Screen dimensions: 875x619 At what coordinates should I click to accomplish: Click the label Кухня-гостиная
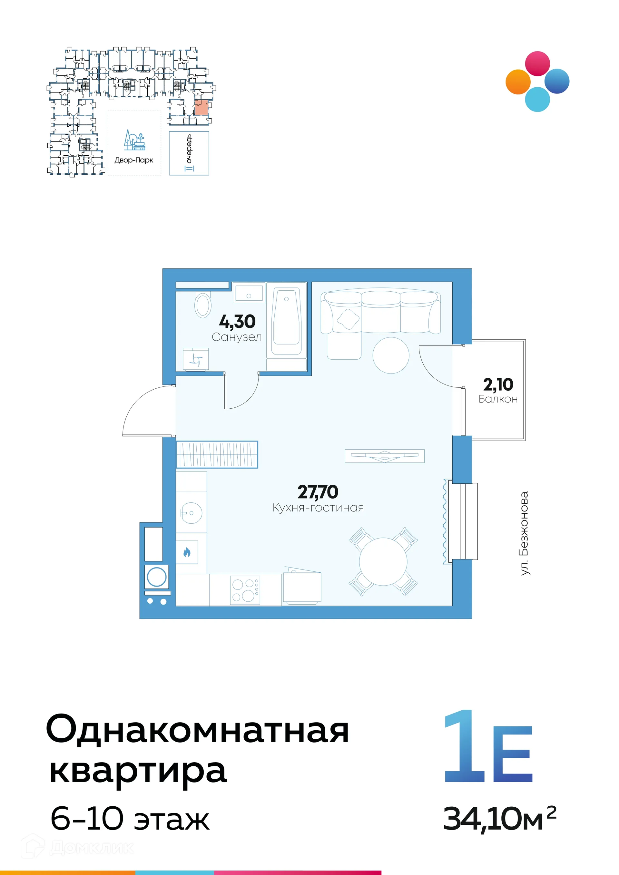(x=318, y=508)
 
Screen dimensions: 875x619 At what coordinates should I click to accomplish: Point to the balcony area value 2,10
(x=498, y=384)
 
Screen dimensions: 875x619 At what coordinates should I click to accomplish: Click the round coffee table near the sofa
(x=391, y=355)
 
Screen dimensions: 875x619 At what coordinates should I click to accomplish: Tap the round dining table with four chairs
(x=383, y=561)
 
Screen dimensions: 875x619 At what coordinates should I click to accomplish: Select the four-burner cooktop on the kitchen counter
(x=245, y=590)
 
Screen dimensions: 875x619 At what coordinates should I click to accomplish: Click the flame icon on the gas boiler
(x=187, y=552)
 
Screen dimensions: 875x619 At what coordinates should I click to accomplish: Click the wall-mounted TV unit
(x=384, y=456)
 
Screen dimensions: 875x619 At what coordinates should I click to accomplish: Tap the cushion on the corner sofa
(x=348, y=319)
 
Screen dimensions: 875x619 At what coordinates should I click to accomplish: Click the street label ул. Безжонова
(x=525, y=533)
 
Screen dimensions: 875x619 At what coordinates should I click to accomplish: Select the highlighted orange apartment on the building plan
(x=201, y=107)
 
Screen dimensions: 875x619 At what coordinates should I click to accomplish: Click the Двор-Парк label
(x=134, y=160)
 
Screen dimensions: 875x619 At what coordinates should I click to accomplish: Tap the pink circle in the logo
(x=537, y=63)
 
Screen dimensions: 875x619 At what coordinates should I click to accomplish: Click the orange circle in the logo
(x=518, y=82)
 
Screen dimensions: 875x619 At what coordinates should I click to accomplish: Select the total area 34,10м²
(x=499, y=819)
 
